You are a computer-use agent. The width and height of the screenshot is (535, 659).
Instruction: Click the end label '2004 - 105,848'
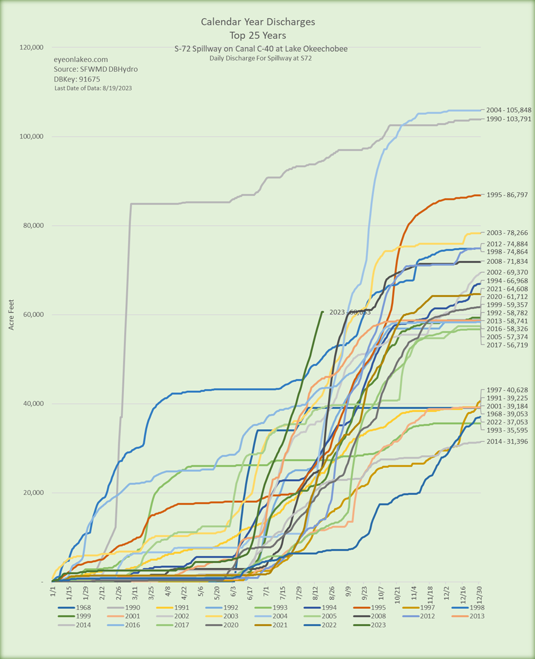[506, 110]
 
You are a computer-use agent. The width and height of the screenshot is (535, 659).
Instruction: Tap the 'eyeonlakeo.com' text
[81, 59]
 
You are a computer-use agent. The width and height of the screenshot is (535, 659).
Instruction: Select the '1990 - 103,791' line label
[506, 119]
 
